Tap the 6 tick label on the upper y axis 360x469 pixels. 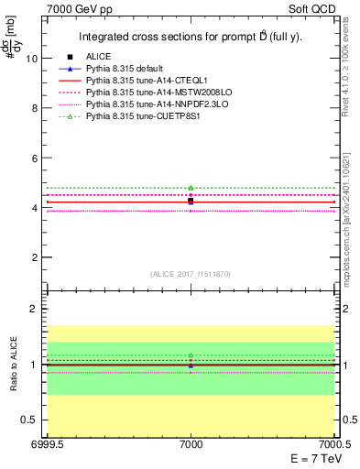[35, 158]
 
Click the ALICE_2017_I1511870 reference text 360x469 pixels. [191, 274]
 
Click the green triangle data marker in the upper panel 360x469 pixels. [191, 188]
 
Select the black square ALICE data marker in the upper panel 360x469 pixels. [191, 200]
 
